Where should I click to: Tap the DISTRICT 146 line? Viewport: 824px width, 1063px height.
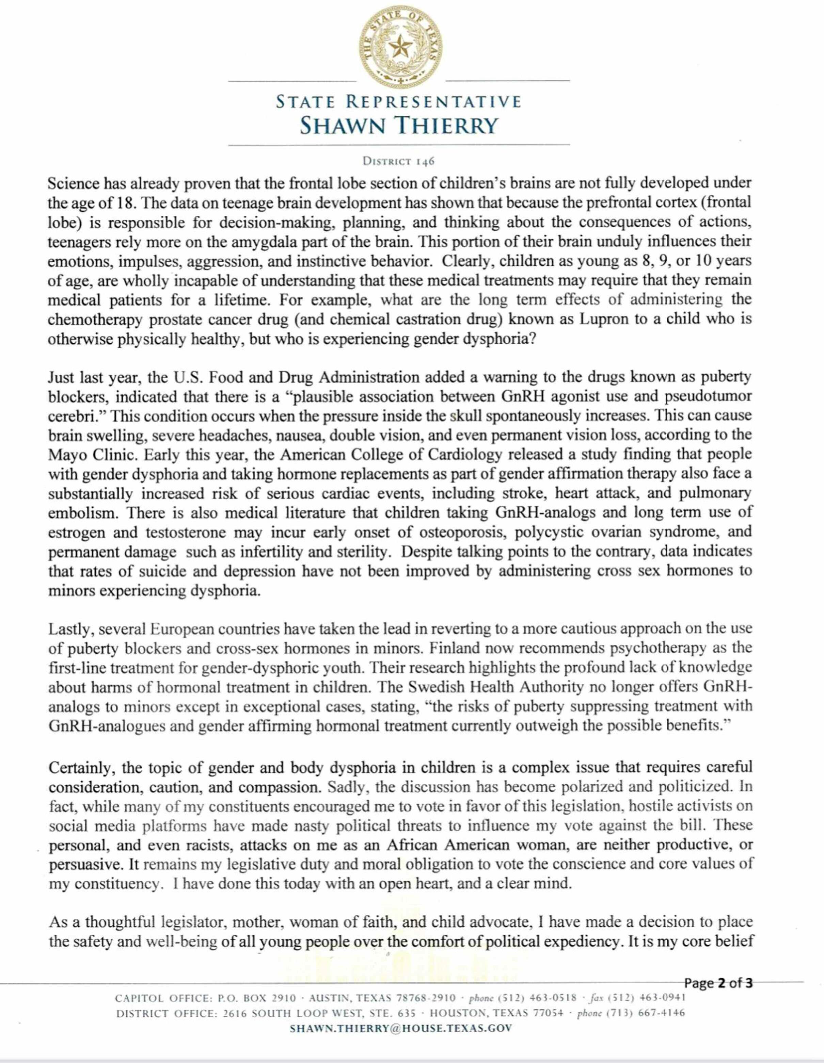(398, 161)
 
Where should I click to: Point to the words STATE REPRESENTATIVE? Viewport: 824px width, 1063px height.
(399, 102)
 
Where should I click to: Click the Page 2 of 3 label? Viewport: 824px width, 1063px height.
(718, 983)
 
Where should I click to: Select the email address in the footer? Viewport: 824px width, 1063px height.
(401, 1028)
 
